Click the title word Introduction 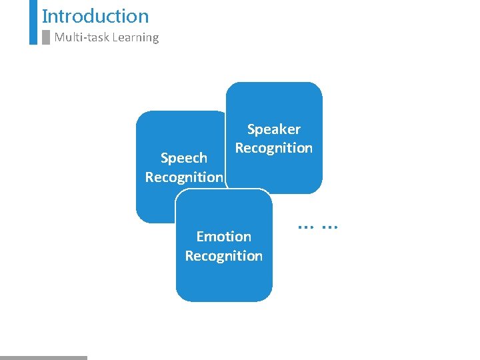(x=95, y=16)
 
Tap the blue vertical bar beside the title (x=33, y=22)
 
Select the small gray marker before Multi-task (x=46, y=37)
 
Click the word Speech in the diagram (x=184, y=158)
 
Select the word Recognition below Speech (x=184, y=177)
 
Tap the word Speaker (x=274, y=129)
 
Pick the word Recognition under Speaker (x=274, y=148)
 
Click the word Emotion (x=224, y=237)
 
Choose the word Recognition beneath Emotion (x=224, y=256)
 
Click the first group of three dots (x=306, y=227)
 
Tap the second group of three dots (x=329, y=227)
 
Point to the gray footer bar (x=43, y=358)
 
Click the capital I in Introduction (x=44, y=16)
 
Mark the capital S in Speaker (x=251, y=129)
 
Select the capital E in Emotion (x=200, y=237)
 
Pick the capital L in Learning (x=115, y=37)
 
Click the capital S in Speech (x=165, y=158)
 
